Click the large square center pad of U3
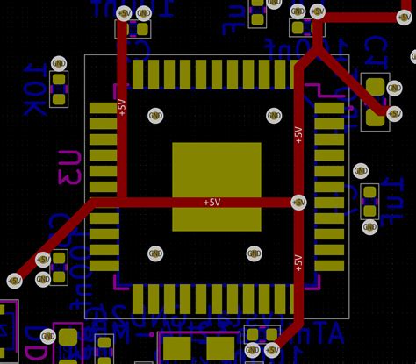[x=216, y=186]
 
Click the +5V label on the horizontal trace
[x=212, y=202]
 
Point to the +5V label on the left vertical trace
[x=121, y=108]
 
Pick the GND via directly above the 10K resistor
[x=59, y=63]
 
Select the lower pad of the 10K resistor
[x=59, y=98]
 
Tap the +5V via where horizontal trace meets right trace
[x=298, y=202]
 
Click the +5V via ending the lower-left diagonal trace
[x=14, y=280]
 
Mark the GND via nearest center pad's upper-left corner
[x=155, y=115]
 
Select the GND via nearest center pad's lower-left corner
[x=155, y=254]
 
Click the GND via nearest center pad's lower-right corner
[x=254, y=254]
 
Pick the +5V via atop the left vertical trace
[x=124, y=13]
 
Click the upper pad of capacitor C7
[x=376, y=87]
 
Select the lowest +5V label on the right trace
[x=298, y=262]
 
